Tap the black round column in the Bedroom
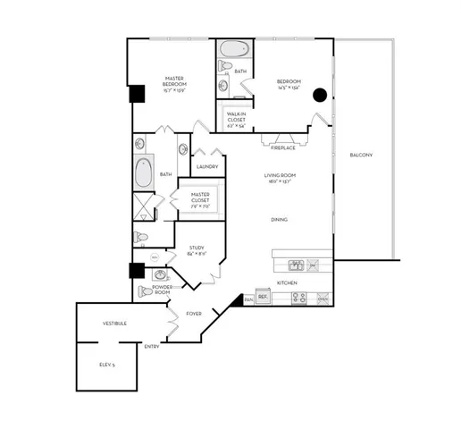(319, 95)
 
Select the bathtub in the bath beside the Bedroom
(230, 49)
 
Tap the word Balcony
(361, 156)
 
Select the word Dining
(280, 219)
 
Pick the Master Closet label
(200, 197)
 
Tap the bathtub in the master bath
(143, 172)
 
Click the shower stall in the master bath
(142, 207)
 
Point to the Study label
(197, 251)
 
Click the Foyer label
(194, 314)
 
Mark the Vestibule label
(113, 323)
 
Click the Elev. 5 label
(107, 365)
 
